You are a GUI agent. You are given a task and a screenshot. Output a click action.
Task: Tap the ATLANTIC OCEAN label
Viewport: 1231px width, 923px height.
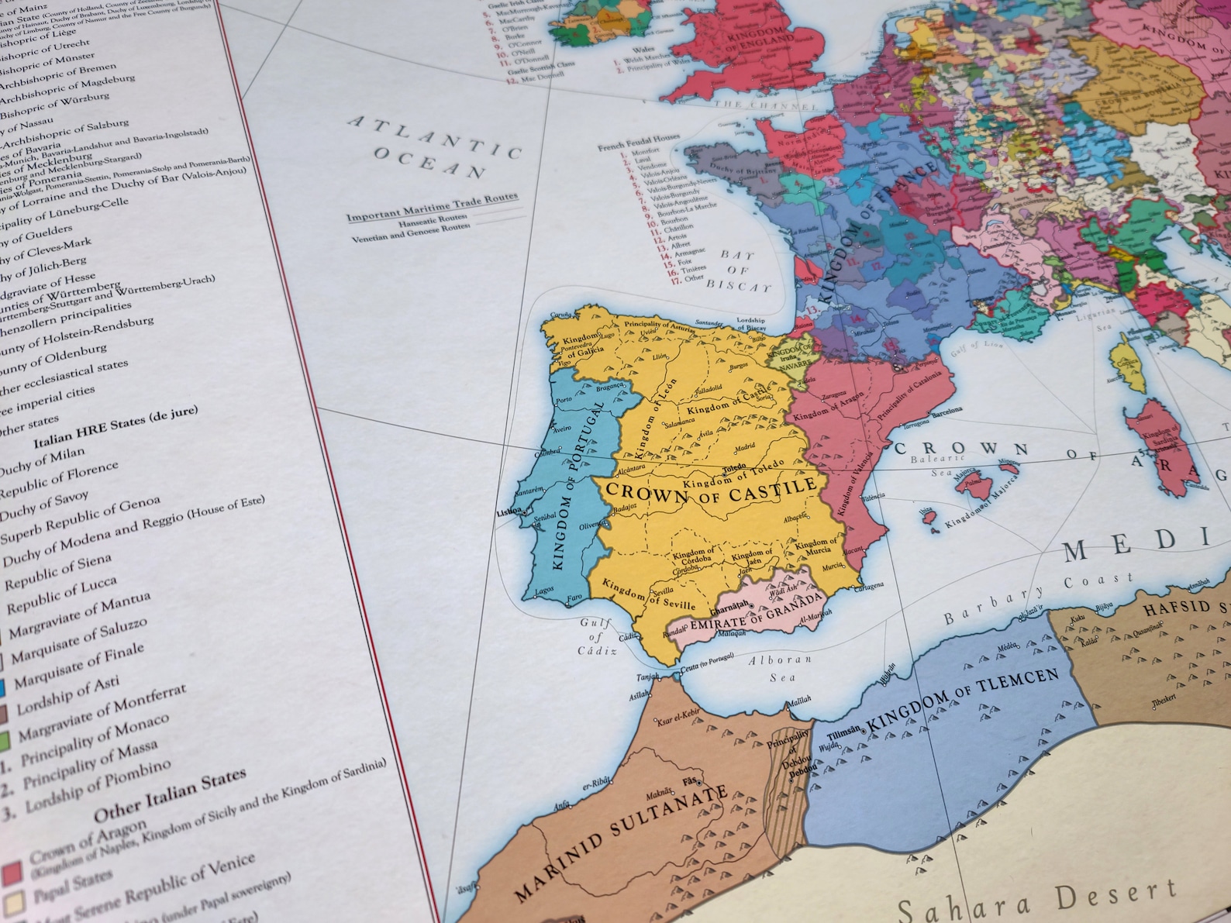434,147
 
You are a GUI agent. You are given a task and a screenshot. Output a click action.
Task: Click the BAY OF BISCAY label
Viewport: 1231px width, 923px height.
737,270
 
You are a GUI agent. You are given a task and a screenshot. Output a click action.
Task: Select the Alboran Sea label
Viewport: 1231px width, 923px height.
780,668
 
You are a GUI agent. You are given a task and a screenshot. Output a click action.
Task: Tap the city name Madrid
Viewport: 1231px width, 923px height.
744,447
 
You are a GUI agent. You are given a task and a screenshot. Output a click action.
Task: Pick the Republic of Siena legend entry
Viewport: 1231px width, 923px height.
58,573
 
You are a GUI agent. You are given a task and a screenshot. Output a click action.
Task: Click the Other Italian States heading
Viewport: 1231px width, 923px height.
170,795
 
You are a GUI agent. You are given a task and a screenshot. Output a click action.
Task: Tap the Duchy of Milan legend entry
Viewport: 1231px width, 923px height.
43,463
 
